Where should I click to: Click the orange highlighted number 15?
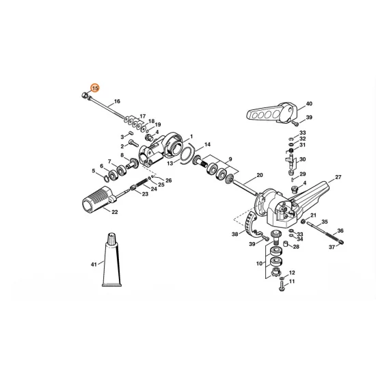[95, 88]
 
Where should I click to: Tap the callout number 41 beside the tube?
[94, 265]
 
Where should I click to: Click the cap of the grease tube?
[112, 239]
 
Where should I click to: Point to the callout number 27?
[338, 177]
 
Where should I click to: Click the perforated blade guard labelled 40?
[272, 113]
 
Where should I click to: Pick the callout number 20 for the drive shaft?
[260, 175]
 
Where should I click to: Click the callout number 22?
[115, 212]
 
